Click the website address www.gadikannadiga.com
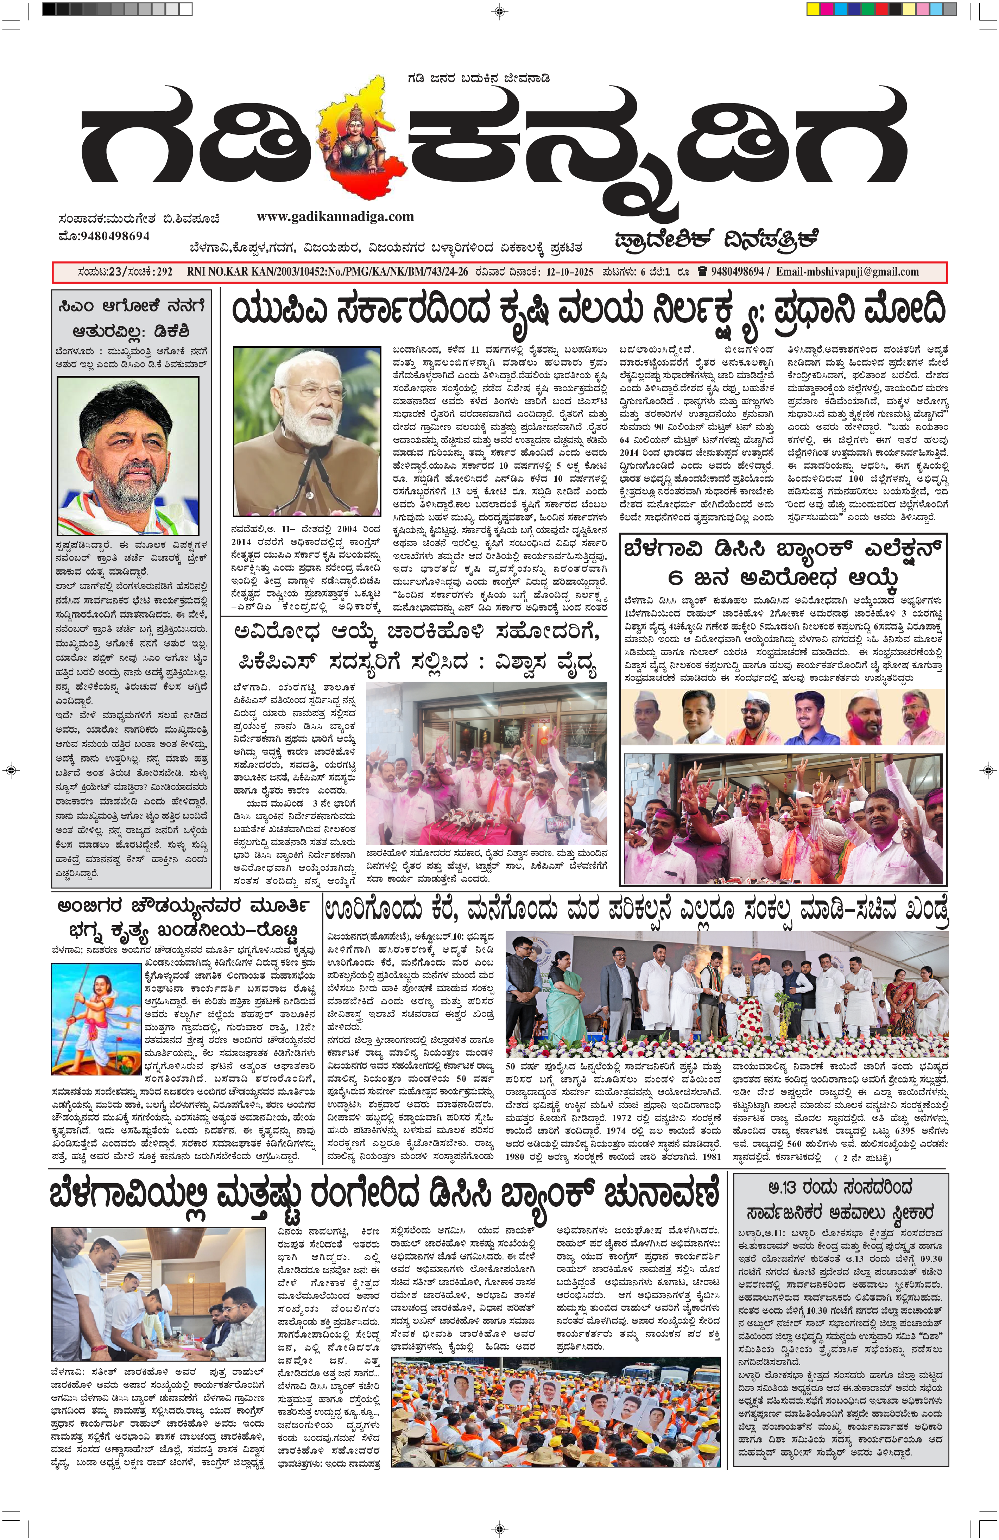(335, 217)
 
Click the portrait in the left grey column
(128, 456)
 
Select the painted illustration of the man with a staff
(96, 1019)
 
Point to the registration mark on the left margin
(10, 770)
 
